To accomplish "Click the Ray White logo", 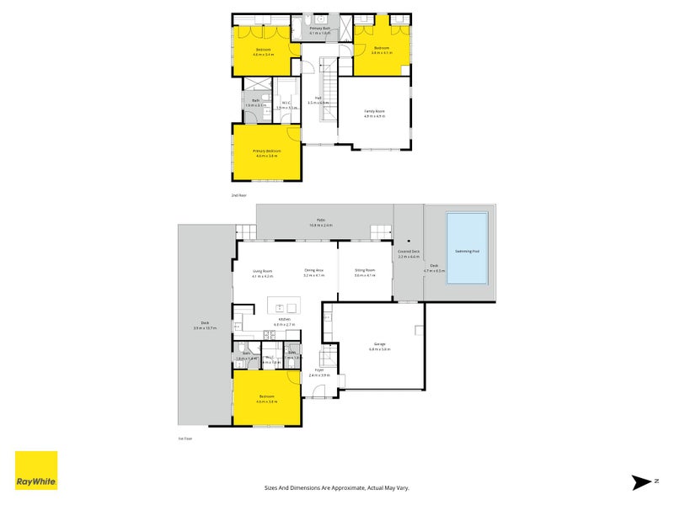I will (x=36, y=470).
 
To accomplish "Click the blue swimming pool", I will (x=467, y=248).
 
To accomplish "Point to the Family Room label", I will (x=374, y=112).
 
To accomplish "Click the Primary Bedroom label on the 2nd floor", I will (x=265, y=151).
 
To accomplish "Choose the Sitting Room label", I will (x=364, y=271).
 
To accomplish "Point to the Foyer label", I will (x=319, y=369).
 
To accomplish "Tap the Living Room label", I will (x=263, y=271).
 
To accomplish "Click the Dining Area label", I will (x=313, y=271).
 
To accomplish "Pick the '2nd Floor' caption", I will (x=239, y=195).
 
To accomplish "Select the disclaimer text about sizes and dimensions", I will (x=336, y=487).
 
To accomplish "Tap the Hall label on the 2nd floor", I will (x=319, y=98).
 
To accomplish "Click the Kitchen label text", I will (x=284, y=320).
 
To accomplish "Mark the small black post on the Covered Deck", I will (x=408, y=239).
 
